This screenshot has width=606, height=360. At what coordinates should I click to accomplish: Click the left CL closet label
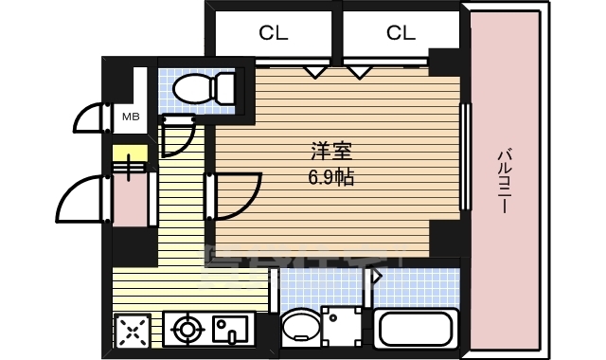point(274,33)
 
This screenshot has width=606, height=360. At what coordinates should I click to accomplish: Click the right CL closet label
point(401,33)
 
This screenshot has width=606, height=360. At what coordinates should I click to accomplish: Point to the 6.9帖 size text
point(330,177)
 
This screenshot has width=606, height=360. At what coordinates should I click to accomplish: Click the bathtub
point(417,328)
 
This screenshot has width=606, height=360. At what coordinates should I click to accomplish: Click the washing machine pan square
point(342,326)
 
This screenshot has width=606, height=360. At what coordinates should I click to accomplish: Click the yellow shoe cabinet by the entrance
point(130,154)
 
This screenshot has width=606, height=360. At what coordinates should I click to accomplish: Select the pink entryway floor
point(130,199)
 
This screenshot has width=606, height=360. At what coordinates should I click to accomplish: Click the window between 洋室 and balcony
point(464,156)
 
